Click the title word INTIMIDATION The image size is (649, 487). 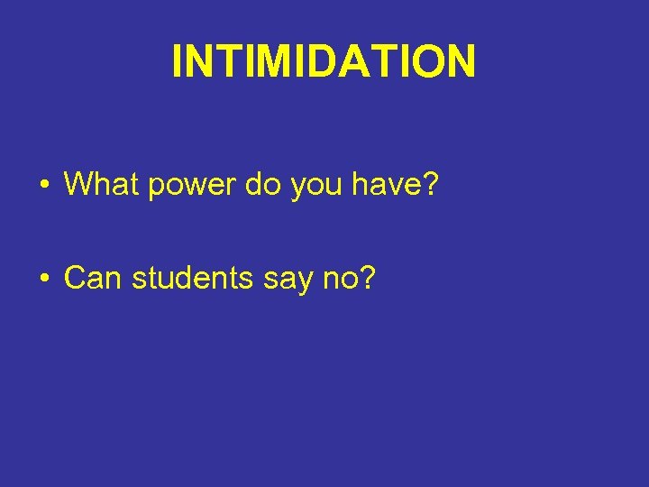(324, 62)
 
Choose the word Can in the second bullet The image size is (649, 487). (94, 279)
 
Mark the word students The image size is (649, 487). (193, 279)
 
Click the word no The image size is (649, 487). (343, 280)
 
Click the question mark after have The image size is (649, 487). (430, 185)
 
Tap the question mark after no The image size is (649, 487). (367, 279)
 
